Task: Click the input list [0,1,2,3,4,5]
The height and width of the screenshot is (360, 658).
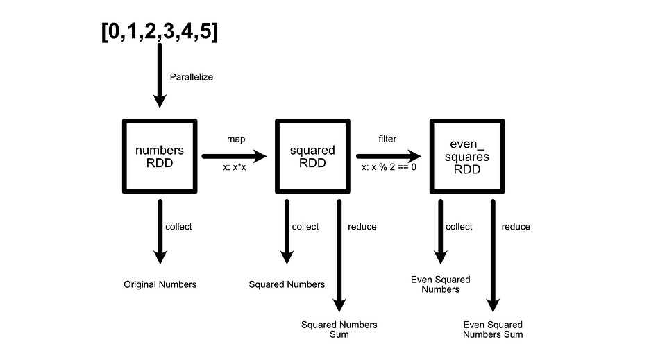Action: [160, 31]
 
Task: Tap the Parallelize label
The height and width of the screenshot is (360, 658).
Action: [192, 77]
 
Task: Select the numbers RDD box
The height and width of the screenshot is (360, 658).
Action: [160, 156]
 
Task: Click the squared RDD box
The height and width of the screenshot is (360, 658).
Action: [312, 156]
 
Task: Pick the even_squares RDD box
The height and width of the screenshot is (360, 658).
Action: [466, 156]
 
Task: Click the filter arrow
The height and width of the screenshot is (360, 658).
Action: [389, 156]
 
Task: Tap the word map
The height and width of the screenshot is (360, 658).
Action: [236, 139]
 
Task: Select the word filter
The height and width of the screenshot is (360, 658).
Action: [387, 139]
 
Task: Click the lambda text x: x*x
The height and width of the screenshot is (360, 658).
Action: [236, 168]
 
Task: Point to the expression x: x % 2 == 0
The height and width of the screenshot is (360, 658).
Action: [389, 168]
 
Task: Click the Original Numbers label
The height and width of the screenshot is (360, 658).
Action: [160, 284]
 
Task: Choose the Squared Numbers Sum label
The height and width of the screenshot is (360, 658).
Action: [339, 329]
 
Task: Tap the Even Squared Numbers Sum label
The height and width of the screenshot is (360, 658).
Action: [493, 329]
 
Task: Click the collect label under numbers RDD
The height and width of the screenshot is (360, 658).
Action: [178, 227]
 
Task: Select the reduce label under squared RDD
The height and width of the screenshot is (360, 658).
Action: [362, 227]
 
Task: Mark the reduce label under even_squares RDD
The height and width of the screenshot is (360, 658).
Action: [516, 227]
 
